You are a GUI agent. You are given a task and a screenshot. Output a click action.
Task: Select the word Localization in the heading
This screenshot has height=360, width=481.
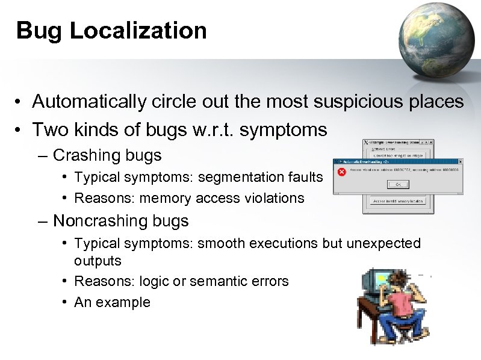[x=138, y=30]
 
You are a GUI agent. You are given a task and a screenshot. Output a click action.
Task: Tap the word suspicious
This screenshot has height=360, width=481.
[x=347, y=102]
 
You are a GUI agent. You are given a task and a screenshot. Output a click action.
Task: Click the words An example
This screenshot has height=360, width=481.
[x=112, y=302]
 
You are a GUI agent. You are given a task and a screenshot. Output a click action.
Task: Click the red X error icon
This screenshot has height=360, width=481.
[x=341, y=172]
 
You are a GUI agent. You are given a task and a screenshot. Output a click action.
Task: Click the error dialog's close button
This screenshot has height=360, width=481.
[x=459, y=162]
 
